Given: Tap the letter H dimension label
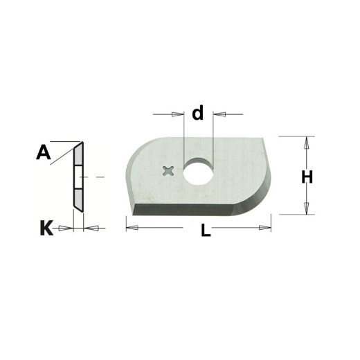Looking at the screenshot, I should click(x=306, y=177).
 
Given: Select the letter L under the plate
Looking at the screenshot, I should click(x=206, y=233).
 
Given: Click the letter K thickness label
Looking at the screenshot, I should click(x=46, y=228).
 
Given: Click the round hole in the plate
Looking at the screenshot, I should click(x=198, y=172).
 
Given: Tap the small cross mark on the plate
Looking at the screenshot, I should click(x=168, y=172).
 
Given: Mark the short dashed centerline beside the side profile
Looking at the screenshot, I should click(x=99, y=178).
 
